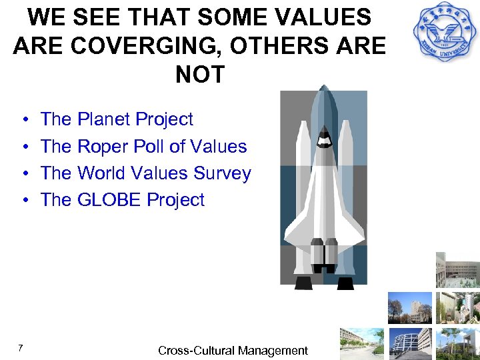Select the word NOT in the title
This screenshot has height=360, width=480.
pyautogui.click(x=200, y=74)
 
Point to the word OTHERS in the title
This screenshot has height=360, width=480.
pyautogui.click(x=284, y=45)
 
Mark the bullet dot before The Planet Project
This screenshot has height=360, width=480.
pyautogui.click(x=24, y=120)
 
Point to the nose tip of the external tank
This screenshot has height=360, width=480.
pyautogui.click(x=325, y=87)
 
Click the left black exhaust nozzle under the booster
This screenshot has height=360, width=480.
pyautogui.click(x=303, y=282)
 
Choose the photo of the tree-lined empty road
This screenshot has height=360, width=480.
pyautogui.click(x=361, y=343)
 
